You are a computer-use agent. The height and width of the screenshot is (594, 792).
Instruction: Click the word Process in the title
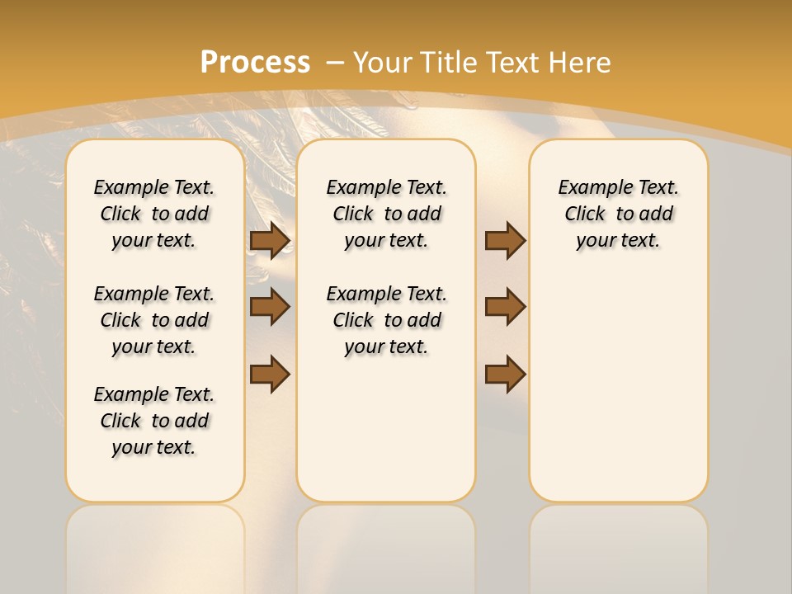pos(255,62)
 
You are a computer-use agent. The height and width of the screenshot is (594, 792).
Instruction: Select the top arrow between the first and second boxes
pos(270,241)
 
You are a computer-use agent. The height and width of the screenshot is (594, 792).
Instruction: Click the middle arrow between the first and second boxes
pos(270,307)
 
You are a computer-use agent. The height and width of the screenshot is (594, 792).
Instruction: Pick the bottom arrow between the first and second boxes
pos(270,374)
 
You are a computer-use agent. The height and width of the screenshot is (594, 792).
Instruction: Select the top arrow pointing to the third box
pos(505,241)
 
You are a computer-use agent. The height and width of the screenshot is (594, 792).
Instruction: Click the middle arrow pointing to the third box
pos(505,307)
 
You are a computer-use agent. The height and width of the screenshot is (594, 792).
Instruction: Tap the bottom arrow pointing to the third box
pos(505,374)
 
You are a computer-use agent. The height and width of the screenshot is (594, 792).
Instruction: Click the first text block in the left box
pos(154,214)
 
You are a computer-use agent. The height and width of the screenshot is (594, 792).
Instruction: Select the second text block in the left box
pos(154,320)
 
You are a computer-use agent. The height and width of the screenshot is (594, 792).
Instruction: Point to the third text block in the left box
pos(154,421)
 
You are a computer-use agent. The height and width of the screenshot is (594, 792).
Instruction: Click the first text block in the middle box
pos(387,214)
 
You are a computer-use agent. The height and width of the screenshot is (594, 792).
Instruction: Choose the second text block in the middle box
pos(387,320)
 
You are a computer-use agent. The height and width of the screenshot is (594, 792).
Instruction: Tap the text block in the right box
pos(619,214)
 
